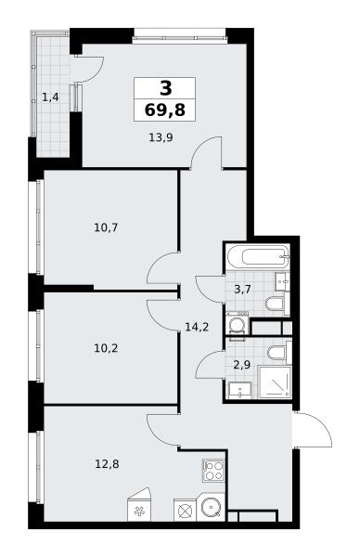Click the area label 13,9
click(161, 137)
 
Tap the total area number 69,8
click(165, 110)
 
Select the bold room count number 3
click(165, 88)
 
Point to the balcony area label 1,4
click(50, 97)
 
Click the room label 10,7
click(106, 227)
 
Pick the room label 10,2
click(106, 348)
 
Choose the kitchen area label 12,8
click(107, 464)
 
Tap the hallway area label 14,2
click(197, 327)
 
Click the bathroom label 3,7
click(242, 289)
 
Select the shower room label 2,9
click(242, 365)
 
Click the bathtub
click(258, 257)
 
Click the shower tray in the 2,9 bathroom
click(276, 382)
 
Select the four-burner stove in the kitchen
click(213, 471)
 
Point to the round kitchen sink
click(212, 507)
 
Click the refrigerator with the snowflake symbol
click(139, 509)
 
